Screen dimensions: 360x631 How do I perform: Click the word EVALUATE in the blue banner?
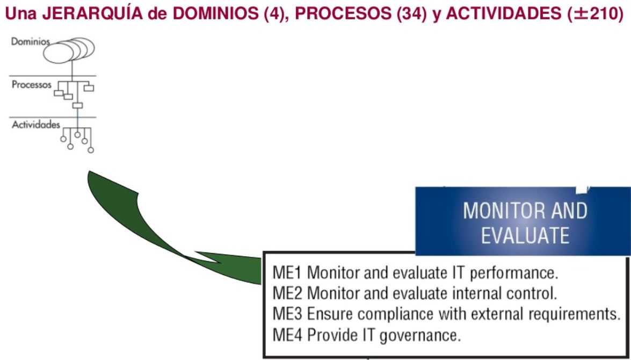[x=525, y=236]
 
